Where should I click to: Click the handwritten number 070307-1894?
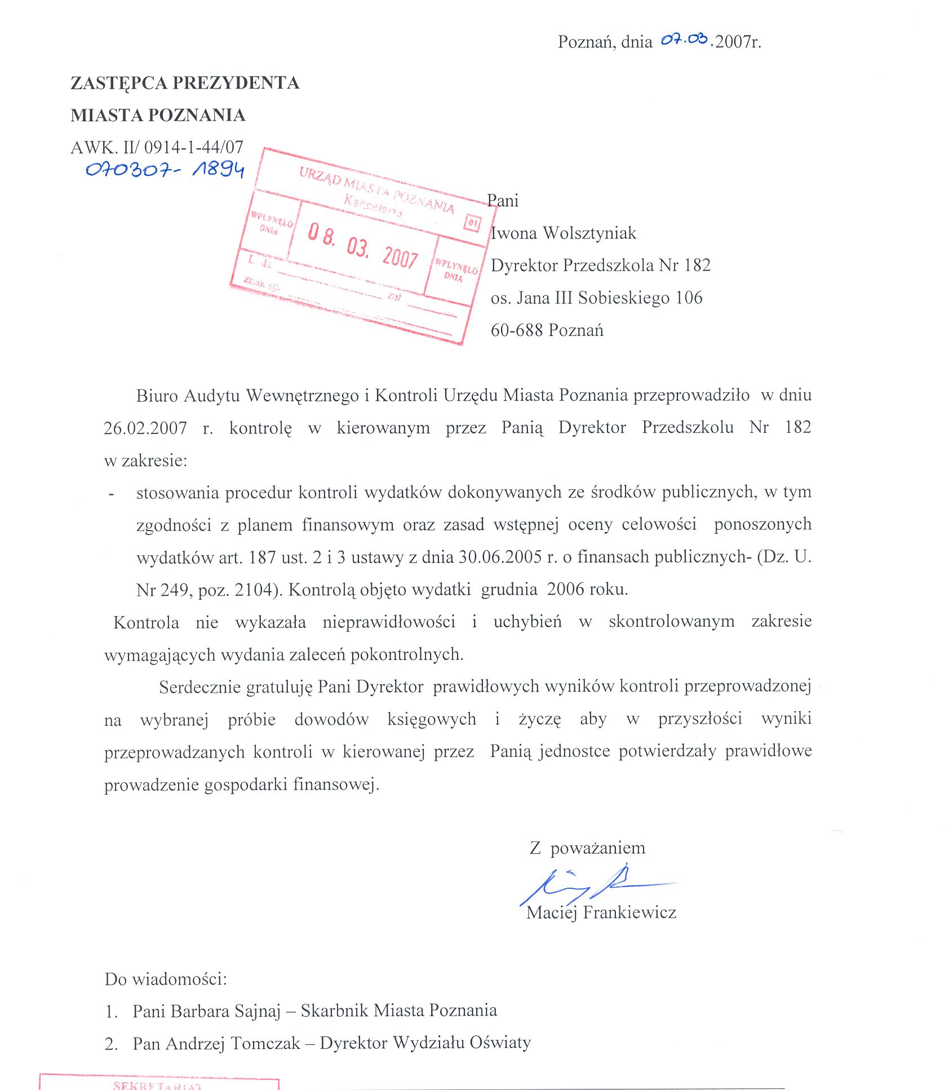[x=165, y=169]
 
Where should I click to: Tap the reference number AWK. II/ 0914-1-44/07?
[x=157, y=148]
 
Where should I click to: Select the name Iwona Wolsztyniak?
[x=564, y=233]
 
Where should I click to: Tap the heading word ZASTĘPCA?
[x=118, y=83]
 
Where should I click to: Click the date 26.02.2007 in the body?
[x=145, y=428]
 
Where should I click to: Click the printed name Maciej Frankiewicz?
[x=601, y=912]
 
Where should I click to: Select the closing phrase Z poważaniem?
[x=587, y=848]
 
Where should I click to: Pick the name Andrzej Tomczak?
[x=233, y=1043]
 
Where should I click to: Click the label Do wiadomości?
[x=166, y=978]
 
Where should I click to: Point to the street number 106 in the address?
[x=689, y=298]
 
